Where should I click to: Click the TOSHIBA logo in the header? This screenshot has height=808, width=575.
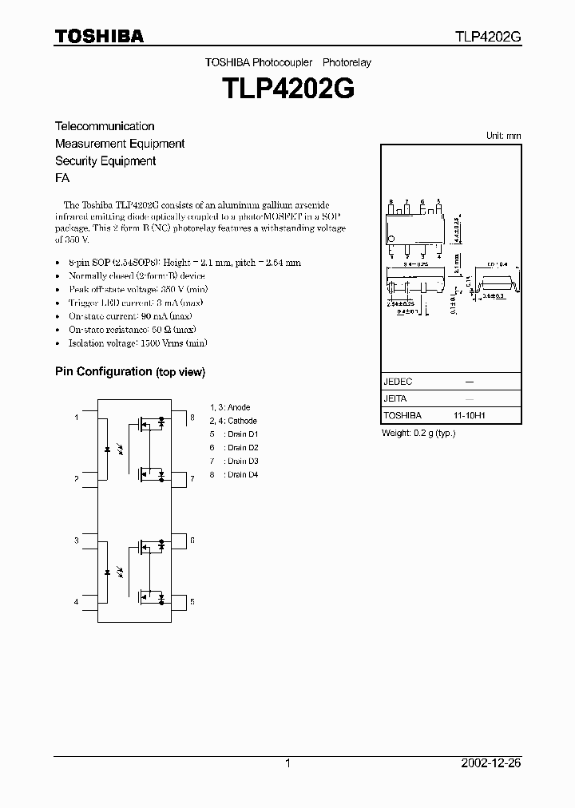click(99, 36)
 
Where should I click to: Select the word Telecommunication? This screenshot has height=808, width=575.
click(105, 126)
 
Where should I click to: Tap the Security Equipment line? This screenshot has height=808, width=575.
click(105, 161)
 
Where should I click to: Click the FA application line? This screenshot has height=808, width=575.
click(61, 179)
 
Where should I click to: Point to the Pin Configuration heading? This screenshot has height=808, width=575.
click(129, 372)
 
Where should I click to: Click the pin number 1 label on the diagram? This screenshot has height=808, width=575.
click(77, 418)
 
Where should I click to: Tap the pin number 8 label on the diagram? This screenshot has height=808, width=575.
click(192, 418)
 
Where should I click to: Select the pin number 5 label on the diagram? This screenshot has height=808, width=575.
click(192, 601)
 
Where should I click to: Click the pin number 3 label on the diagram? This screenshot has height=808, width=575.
click(77, 541)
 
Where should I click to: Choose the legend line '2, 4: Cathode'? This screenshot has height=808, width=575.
click(233, 421)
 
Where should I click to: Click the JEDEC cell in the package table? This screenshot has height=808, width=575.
click(398, 382)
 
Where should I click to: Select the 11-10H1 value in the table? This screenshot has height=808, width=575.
click(470, 416)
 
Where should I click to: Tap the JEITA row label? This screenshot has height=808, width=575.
click(396, 399)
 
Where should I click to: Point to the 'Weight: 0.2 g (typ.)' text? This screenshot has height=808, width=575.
click(419, 433)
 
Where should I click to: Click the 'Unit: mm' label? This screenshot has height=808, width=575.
click(503, 136)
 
